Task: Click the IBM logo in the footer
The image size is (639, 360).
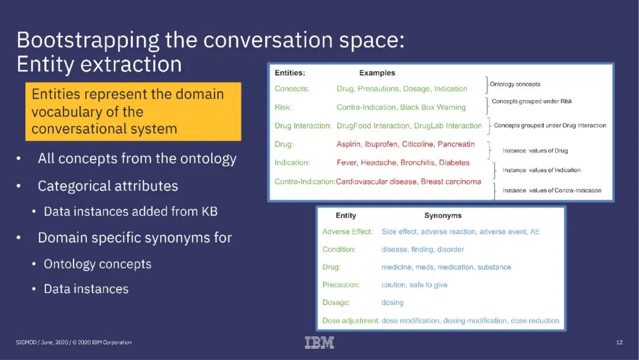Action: pos(319,342)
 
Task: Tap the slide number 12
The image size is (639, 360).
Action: pos(619,342)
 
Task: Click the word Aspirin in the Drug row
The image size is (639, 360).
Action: pos(349,144)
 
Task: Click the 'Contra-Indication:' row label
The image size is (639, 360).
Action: pos(304,181)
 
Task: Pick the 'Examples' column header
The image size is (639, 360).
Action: pos(377,73)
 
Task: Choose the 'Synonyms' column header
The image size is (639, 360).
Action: pos(443,216)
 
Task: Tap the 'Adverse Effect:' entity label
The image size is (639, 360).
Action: pos(348,232)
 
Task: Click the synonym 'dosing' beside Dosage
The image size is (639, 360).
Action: pos(392,303)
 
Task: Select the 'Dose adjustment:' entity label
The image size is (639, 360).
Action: pos(351,320)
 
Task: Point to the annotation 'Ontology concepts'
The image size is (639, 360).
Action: pos(515,84)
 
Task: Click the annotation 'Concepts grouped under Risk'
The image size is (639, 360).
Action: pos(532,101)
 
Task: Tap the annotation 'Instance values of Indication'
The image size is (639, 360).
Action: pos(541,170)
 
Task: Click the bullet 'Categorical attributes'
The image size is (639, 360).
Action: pos(108,186)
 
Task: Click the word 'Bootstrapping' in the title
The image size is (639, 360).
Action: pos(79,40)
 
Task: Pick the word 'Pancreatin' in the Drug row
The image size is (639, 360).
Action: pos(456,144)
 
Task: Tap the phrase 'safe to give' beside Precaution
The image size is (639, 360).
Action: pos(428,285)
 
